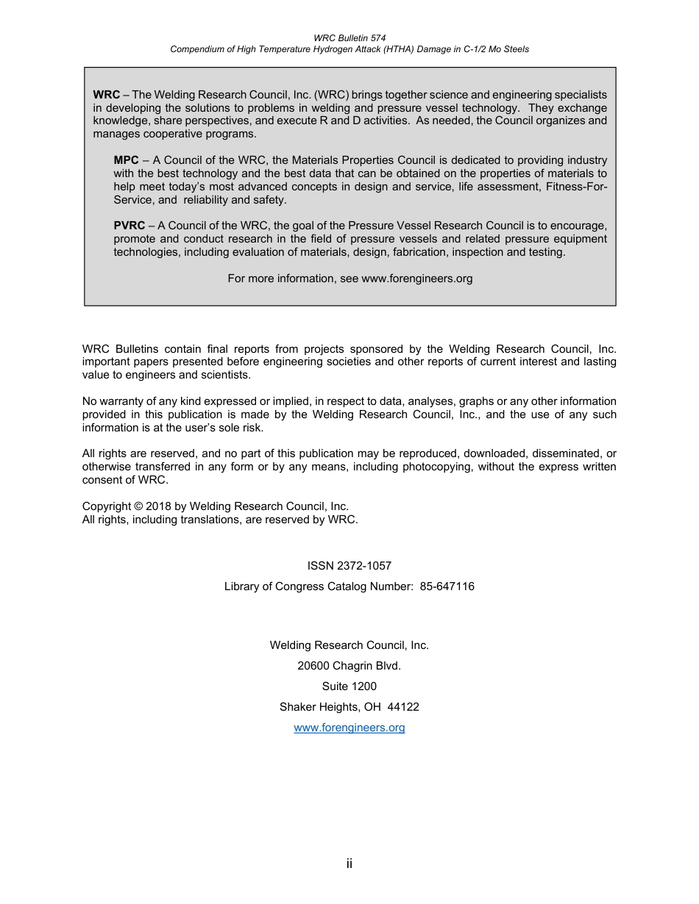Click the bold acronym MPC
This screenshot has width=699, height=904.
(x=126, y=160)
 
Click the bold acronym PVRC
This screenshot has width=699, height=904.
(x=129, y=226)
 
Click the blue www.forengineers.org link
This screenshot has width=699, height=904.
(x=349, y=728)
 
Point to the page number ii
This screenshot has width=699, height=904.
(x=349, y=864)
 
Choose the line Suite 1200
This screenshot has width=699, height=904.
(x=349, y=686)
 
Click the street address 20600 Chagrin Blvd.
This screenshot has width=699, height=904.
(x=349, y=666)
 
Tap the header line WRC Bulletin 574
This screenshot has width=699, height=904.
(x=349, y=37)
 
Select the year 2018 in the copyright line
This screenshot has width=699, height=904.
(x=158, y=506)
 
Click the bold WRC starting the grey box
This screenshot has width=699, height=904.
(x=107, y=95)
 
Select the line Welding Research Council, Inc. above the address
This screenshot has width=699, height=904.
(x=349, y=645)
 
